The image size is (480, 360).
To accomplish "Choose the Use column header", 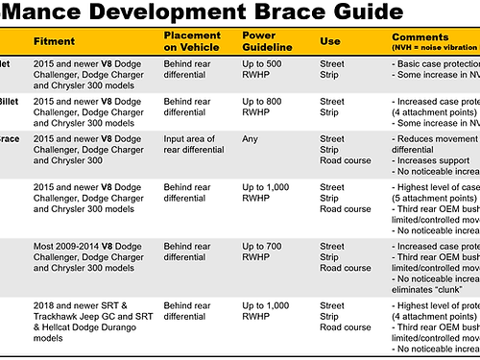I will click(x=329, y=42).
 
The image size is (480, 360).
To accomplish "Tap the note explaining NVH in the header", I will click(x=433, y=47).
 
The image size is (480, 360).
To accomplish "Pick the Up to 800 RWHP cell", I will click(x=262, y=106).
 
